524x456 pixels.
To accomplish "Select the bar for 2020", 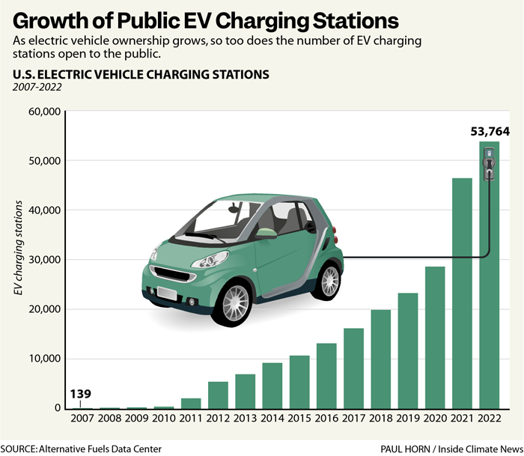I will pyautogui.click(x=435, y=337).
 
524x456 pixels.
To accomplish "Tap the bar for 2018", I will pyautogui.click(x=380, y=359).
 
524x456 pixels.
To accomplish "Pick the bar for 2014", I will pyautogui.click(x=272, y=385).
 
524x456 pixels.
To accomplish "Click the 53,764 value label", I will pyautogui.click(x=490, y=131).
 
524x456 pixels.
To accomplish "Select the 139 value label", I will pyautogui.click(x=81, y=393).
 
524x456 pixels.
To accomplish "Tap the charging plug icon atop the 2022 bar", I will pyautogui.click(x=489, y=164).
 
